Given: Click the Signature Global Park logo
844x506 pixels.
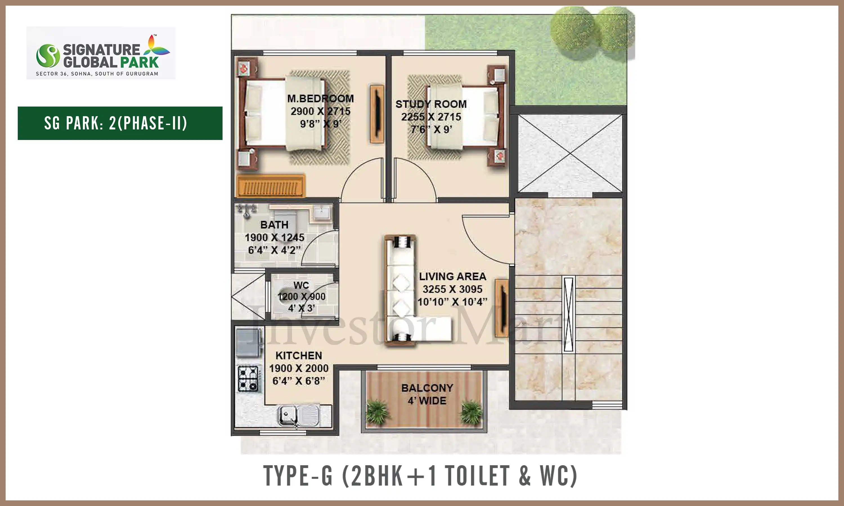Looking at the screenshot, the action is tap(101, 53).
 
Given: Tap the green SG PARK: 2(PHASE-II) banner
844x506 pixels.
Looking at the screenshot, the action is tap(120, 123).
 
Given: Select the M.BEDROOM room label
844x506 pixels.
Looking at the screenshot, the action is tap(320, 99).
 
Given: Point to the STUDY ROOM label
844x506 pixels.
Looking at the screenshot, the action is tap(431, 104).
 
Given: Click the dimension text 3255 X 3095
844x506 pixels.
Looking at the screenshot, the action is tap(452, 289).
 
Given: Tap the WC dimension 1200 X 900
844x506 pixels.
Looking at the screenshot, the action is tap(302, 296).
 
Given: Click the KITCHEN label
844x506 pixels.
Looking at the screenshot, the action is tap(298, 356).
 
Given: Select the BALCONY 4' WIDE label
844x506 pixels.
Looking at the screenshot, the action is tap(427, 394).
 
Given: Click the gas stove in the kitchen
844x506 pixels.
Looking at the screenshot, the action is tap(248, 378).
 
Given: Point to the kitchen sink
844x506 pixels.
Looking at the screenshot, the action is tap(299, 416).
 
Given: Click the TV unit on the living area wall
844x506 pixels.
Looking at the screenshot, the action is tap(501, 308).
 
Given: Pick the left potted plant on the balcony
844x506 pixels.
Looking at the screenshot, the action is tap(378, 412).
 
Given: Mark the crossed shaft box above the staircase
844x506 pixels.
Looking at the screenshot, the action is tap(570, 153).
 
